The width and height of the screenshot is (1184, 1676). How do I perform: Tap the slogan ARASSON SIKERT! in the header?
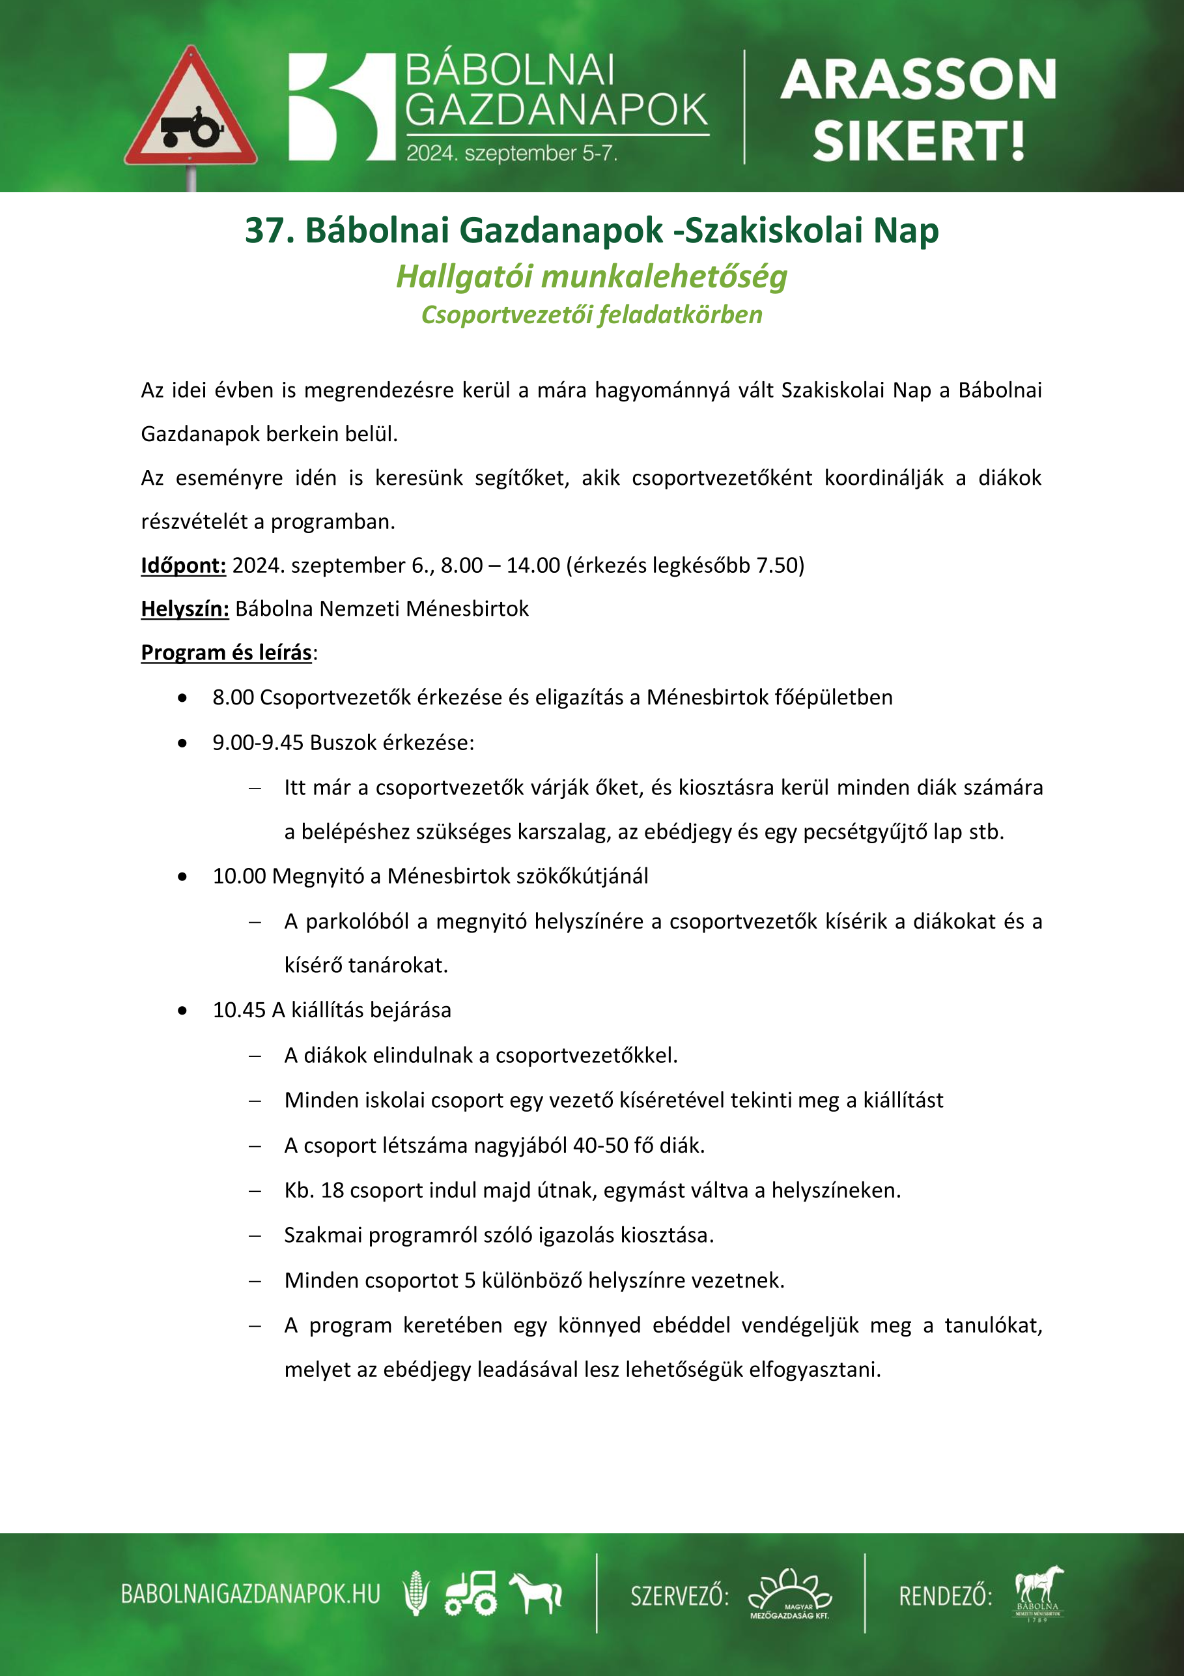(918, 109)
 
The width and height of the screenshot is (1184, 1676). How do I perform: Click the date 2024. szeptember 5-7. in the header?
(511, 153)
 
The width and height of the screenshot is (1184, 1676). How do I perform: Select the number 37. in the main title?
(269, 230)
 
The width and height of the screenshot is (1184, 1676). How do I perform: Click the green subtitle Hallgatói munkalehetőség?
(591, 277)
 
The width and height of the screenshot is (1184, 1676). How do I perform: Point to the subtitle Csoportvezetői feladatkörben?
(591, 315)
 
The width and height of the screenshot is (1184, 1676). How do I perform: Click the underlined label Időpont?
(183, 565)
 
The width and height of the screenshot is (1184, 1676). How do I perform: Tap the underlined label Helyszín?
(184, 608)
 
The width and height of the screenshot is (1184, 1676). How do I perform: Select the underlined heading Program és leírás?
(226, 652)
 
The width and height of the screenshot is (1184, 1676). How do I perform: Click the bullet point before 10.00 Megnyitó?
(182, 876)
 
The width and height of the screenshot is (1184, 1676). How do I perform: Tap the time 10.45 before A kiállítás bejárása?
(238, 1009)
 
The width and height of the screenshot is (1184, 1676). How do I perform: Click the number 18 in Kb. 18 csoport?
(332, 1190)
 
